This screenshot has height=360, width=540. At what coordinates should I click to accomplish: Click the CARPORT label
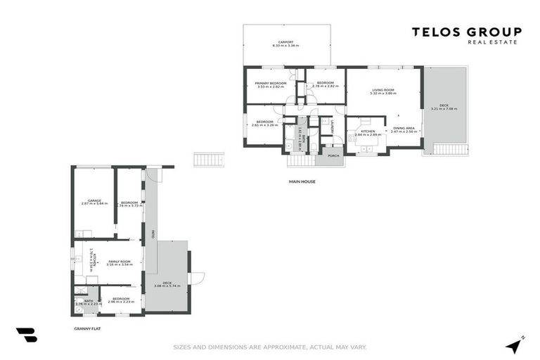285,41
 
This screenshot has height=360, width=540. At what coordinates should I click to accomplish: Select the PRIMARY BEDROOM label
270,83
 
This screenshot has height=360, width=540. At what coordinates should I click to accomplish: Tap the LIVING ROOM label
383,90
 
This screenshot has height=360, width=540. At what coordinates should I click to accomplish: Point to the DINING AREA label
404,128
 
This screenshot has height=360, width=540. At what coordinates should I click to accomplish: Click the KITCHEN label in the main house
368,130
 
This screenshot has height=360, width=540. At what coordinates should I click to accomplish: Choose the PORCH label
333,155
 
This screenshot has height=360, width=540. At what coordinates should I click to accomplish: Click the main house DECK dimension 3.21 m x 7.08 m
444,109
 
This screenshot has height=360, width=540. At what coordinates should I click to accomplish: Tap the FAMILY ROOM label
120,261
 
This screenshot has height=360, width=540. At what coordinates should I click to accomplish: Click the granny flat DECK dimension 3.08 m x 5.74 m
167,286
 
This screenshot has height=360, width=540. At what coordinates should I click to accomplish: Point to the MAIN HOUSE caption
302,181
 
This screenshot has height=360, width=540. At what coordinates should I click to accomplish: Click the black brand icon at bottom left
27,335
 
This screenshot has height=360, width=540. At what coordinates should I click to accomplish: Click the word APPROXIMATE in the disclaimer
283,347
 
